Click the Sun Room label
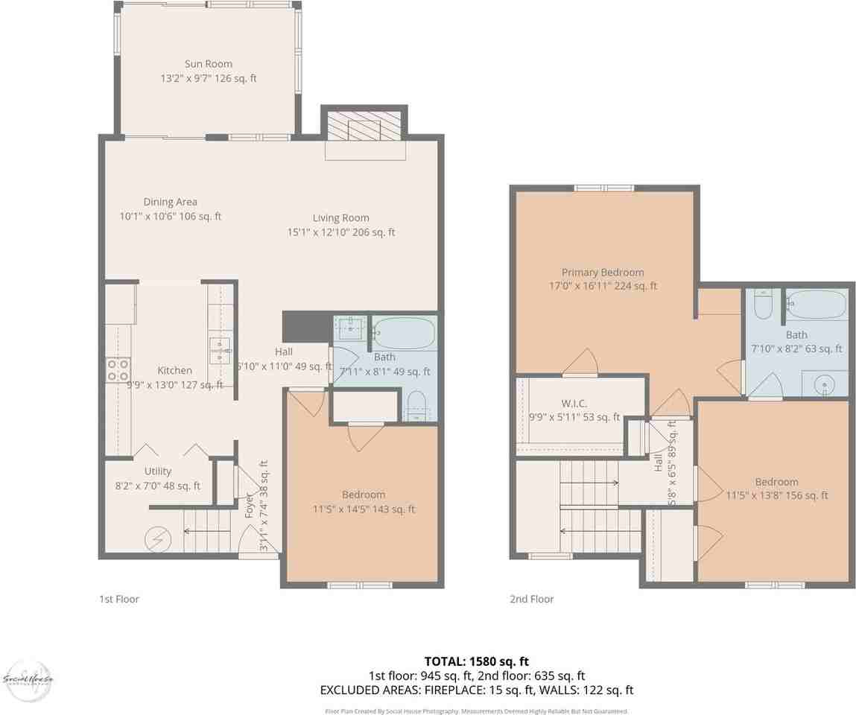tap(209, 64)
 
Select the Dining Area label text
tap(171, 202)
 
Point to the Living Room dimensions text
tap(341, 232)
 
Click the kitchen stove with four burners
tap(118, 370)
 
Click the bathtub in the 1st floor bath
tap(405, 332)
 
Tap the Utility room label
tap(158, 471)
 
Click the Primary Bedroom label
tap(603, 273)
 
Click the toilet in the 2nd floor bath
tap(763, 305)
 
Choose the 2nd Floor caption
tap(531, 599)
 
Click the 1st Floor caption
tap(119, 599)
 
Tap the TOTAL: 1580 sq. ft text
tap(477, 661)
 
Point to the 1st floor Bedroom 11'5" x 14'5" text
tap(364, 510)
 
